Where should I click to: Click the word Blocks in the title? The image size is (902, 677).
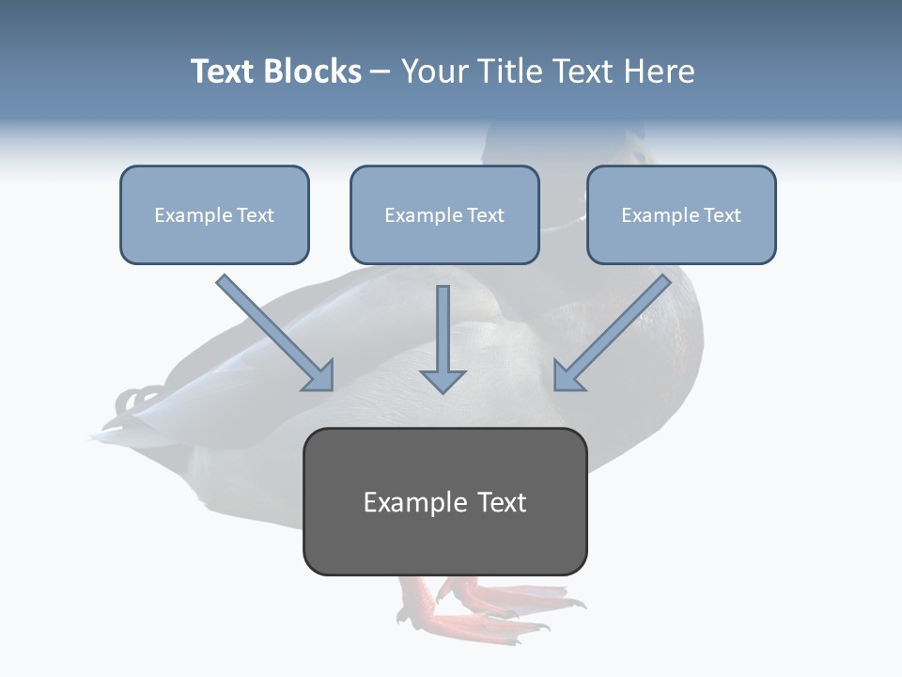pyautogui.click(x=312, y=71)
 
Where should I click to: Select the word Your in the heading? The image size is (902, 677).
pyautogui.click(x=435, y=71)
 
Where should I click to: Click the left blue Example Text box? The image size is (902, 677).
pyautogui.click(x=214, y=214)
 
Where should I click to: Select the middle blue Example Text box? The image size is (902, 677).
pyautogui.click(x=444, y=214)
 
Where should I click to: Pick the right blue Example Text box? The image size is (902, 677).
pyautogui.click(x=681, y=214)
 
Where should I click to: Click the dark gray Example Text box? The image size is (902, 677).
pyautogui.click(x=444, y=501)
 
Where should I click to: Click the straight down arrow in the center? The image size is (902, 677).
pyautogui.click(x=443, y=338)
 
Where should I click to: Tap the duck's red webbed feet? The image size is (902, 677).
pyautogui.click(x=479, y=602)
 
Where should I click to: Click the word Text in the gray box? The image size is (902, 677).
pyautogui.click(x=502, y=502)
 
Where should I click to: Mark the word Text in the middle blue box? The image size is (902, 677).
pyautogui.click(x=486, y=215)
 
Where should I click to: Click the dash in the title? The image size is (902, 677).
pyautogui.click(x=381, y=71)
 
